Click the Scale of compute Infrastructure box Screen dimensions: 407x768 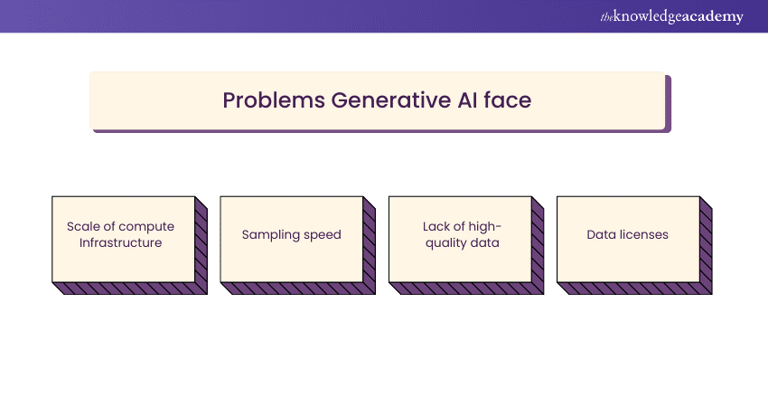coord(123,239)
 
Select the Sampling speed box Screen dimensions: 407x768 coord(291,239)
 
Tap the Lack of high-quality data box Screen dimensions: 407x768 coord(460,239)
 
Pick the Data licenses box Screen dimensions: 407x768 coord(627,239)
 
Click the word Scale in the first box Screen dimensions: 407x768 coord(82,226)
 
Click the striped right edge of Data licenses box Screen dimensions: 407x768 coord(707,245)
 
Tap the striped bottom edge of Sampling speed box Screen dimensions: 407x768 coord(298,289)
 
